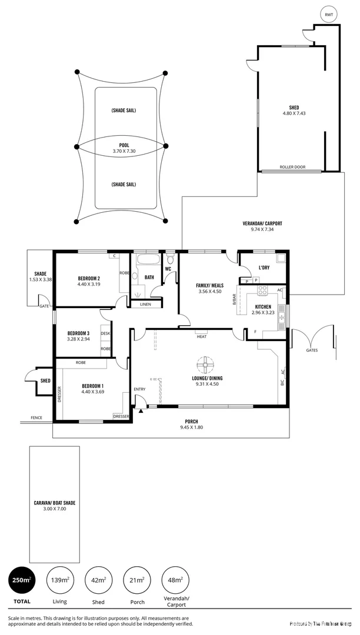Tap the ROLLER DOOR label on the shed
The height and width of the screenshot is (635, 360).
[x=292, y=167]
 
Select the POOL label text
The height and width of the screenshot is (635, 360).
[x=124, y=145]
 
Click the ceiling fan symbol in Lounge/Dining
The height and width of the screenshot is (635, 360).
[x=206, y=365]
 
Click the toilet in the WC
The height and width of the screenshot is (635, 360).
[x=171, y=259]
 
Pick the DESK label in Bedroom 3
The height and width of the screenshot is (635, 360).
[x=106, y=333]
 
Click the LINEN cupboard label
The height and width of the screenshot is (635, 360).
[x=144, y=304]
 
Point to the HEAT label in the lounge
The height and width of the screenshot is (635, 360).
[x=202, y=336]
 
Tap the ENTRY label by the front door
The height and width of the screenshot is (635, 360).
[x=139, y=389]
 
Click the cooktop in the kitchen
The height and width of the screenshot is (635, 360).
[x=262, y=290]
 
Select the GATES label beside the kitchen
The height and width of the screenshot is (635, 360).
[x=312, y=350]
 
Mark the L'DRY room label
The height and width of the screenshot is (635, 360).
[x=264, y=268]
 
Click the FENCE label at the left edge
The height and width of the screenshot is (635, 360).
[x=36, y=418]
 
